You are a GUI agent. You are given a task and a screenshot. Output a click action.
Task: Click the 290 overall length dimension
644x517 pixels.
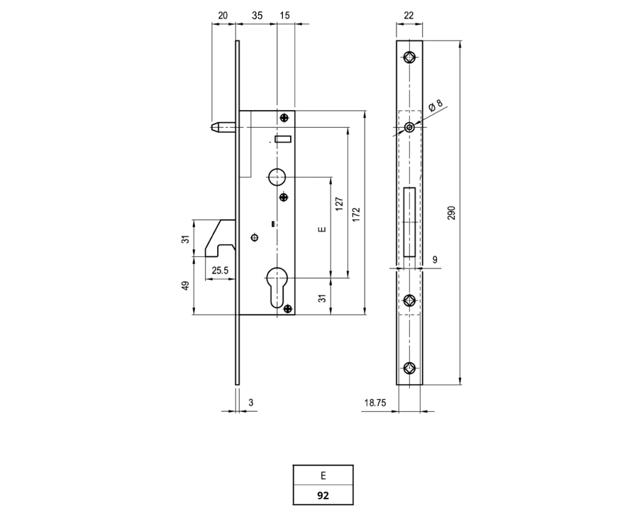(451, 213)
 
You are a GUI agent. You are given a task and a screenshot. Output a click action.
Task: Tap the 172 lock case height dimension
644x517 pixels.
(356, 214)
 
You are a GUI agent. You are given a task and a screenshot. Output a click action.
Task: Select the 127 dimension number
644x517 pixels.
(339, 204)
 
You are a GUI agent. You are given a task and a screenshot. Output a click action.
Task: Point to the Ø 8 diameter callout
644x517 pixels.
(435, 105)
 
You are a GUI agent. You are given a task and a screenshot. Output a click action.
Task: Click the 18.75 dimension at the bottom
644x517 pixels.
(375, 403)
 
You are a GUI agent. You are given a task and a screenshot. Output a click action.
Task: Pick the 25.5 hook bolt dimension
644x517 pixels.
(220, 271)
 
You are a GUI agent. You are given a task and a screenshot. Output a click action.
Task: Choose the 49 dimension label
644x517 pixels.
(186, 285)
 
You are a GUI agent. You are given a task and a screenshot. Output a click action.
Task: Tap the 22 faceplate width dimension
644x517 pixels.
(409, 15)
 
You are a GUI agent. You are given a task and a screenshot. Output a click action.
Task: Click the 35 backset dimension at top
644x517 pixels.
(257, 15)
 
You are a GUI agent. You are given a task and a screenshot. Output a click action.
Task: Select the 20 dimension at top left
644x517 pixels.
(223, 15)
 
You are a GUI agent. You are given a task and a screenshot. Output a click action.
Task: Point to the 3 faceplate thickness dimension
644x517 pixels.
(251, 403)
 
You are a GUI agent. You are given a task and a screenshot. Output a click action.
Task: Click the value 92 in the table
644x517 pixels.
(323, 496)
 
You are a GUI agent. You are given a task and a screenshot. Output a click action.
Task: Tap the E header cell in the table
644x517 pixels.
(323, 476)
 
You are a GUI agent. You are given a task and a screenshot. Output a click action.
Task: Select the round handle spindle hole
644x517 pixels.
(277, 176)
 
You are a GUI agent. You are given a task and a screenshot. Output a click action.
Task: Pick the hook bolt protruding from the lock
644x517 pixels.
(220, 238)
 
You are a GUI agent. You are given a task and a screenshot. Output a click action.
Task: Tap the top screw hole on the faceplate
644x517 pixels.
(409, 58)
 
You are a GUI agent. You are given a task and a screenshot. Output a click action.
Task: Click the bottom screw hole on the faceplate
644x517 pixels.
(409, 368)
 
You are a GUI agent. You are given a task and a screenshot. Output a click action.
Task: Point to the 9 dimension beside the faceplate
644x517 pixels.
(435, 259)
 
